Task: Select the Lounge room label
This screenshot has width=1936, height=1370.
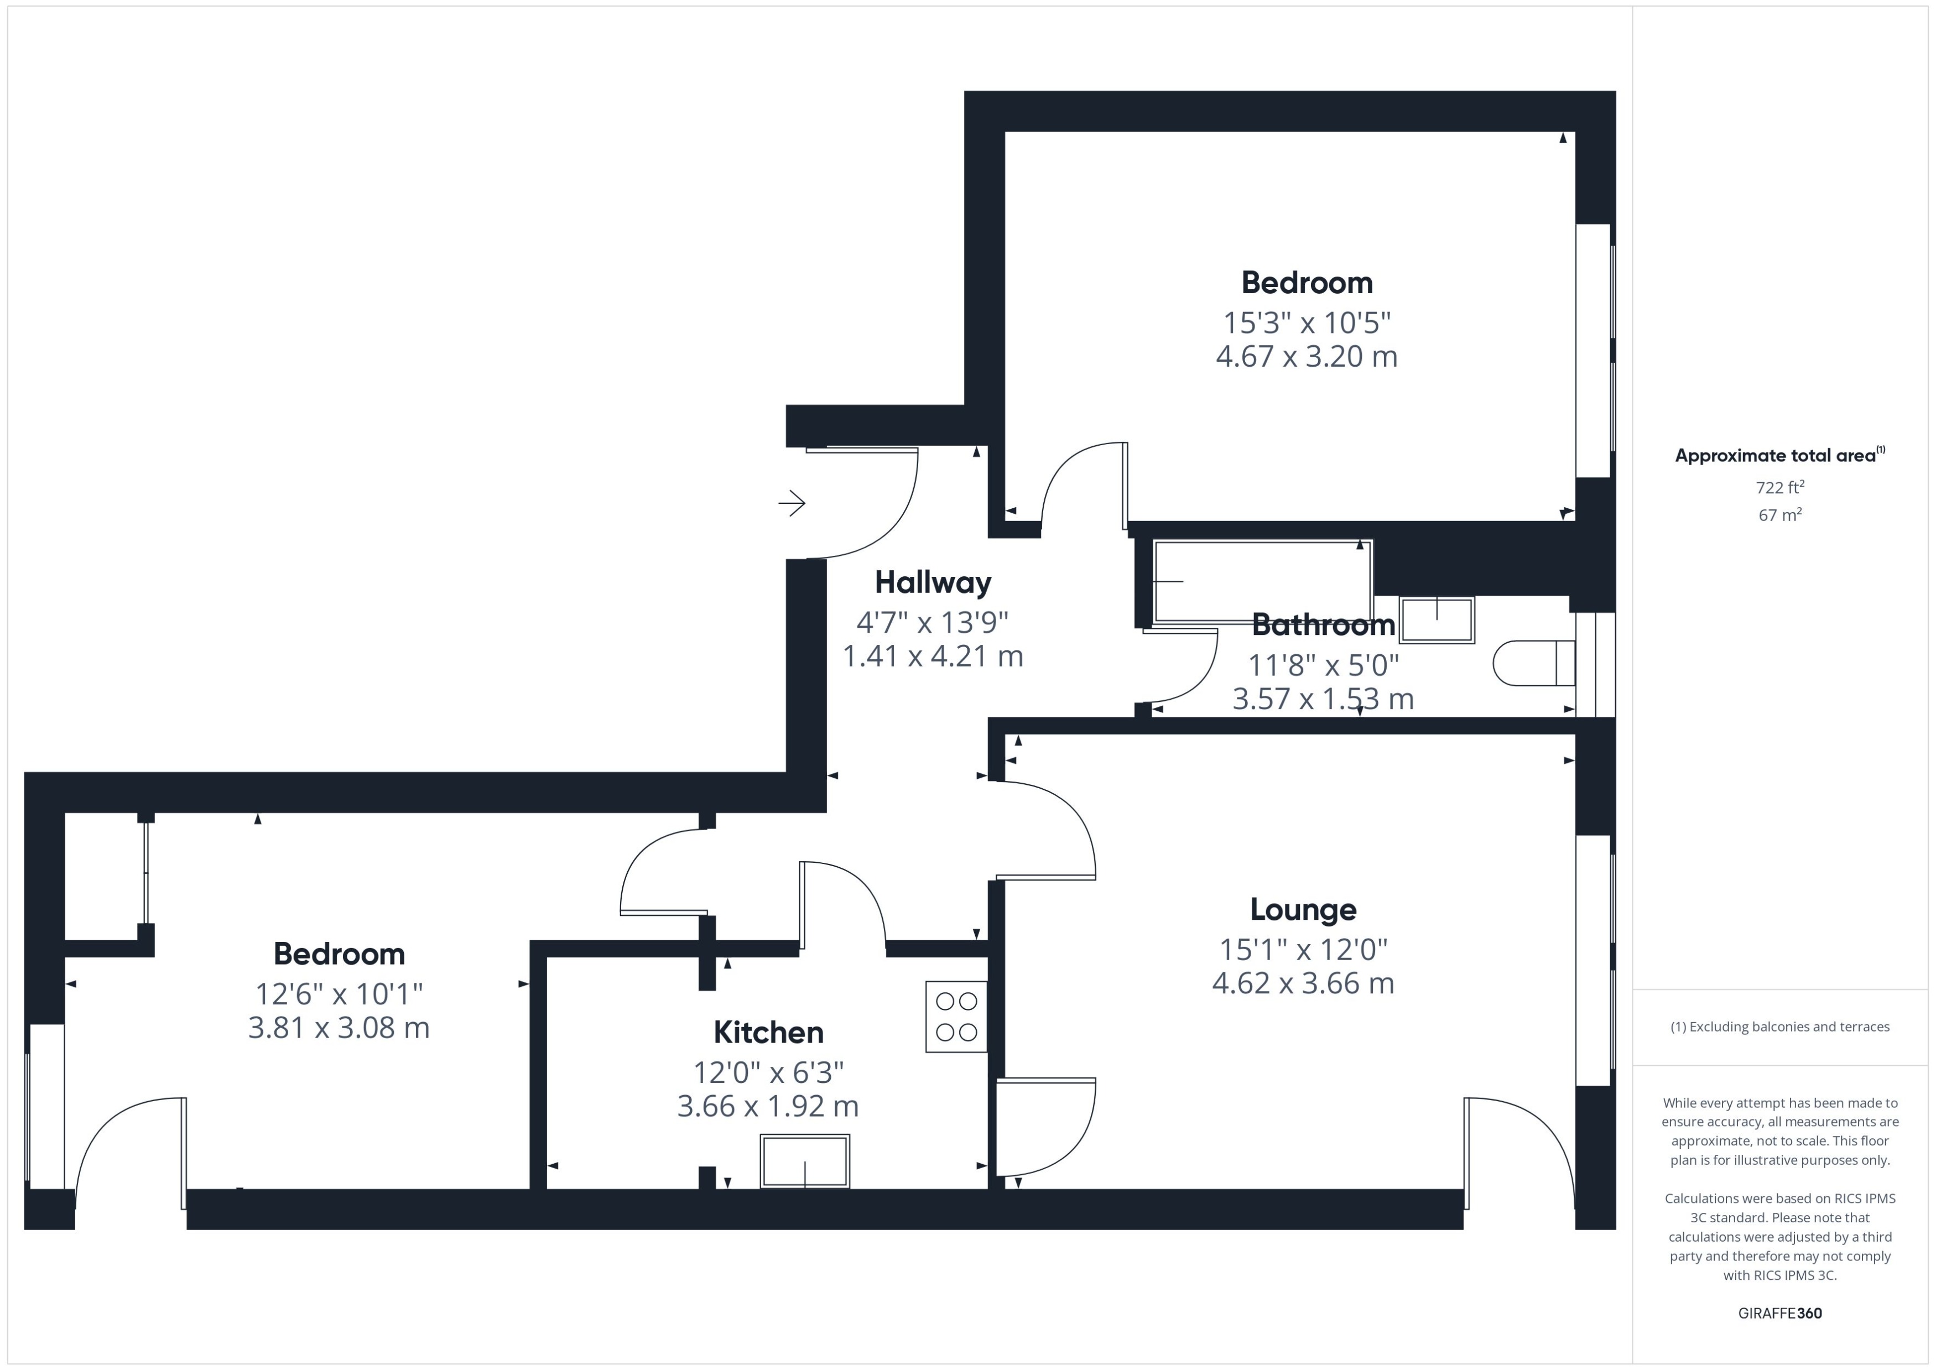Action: click(1303, 909)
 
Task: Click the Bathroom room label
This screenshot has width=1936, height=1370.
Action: click(1323, 625)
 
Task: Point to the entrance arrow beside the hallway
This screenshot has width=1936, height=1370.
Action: click(792, 504)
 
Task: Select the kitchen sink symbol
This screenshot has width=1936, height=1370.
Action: click(805, 1161)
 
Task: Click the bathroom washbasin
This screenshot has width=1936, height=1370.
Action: click(1437, 620)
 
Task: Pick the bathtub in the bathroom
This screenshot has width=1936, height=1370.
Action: click(1262, 581)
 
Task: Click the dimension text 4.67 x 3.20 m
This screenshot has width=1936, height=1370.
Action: click(1306, 357)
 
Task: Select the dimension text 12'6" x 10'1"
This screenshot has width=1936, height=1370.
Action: click(339, 994)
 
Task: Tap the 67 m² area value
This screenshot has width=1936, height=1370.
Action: click(1780, 514)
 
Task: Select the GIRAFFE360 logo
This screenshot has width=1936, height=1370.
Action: click(1780, 1312)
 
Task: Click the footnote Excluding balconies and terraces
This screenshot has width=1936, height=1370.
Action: click(1780, 1027)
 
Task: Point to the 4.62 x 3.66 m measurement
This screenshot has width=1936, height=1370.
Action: click(1303, 983)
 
